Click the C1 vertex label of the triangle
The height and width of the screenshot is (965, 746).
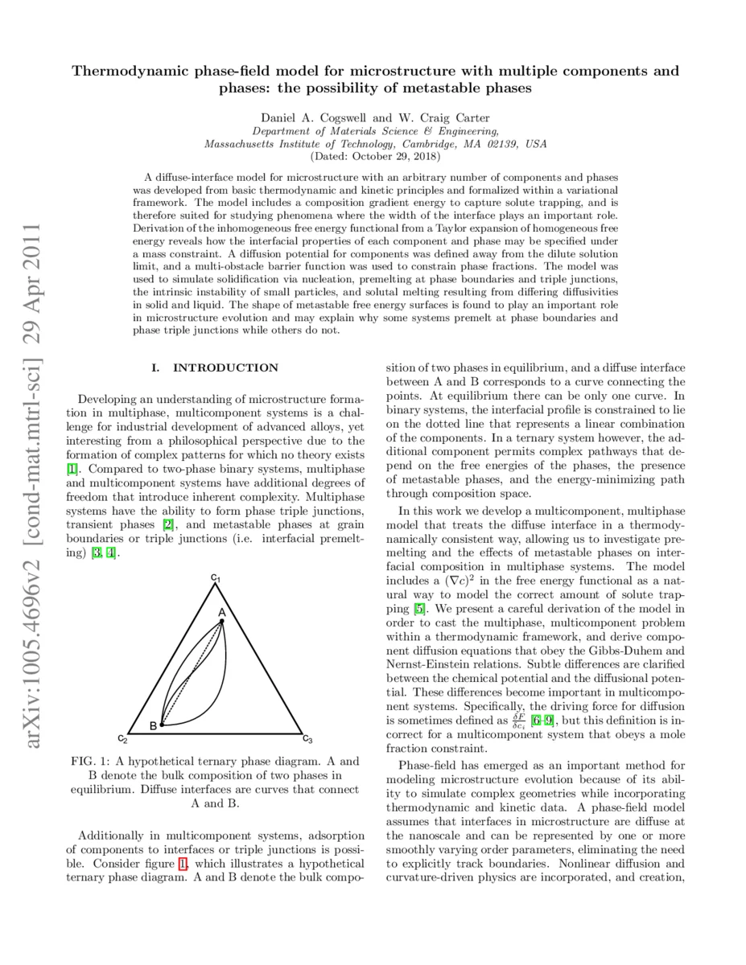pyautogui.click(x=215, y=577)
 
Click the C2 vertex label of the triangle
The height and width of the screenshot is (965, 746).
pyautogui.click(x=122, y=738)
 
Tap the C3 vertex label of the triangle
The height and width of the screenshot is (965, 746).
pyautogui.click(x=307, y=738)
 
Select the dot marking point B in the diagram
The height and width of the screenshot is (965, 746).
pyautogui.click(x=162, y=725)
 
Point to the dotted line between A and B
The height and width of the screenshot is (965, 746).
pyautogui.click(x=193, y=671)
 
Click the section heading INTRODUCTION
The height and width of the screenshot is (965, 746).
pyautogui.click(x=225, y=368)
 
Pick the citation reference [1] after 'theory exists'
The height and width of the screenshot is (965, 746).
pyautogui.click(x=72, y=468)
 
